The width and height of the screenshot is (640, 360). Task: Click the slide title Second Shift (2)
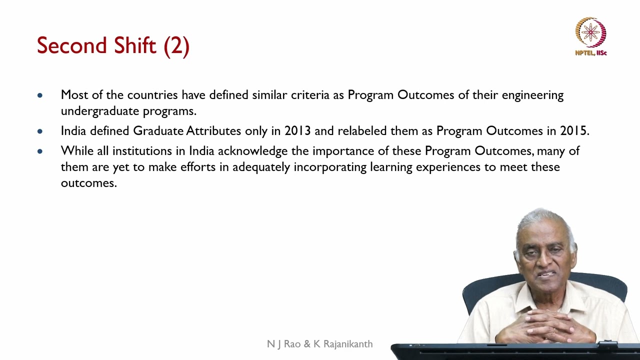click(x=113, y=46)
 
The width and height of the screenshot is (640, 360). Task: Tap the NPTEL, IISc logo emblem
click(x=590, y=32)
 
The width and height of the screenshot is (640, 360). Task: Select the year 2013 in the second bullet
click(x=297, y=131)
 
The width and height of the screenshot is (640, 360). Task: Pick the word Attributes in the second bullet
click(x=213, y=131)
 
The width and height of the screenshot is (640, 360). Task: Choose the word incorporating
click(x=330, y=167)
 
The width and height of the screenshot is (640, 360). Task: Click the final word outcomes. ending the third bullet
click(x=88, y=183)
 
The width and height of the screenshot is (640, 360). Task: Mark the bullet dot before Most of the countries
click(x=40, y=95)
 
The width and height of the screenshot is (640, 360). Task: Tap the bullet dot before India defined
click(x=40, y=131)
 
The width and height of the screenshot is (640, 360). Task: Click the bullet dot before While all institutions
click(x=40, y=151)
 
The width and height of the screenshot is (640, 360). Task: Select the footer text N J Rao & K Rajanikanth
click(x=319, y=344)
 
